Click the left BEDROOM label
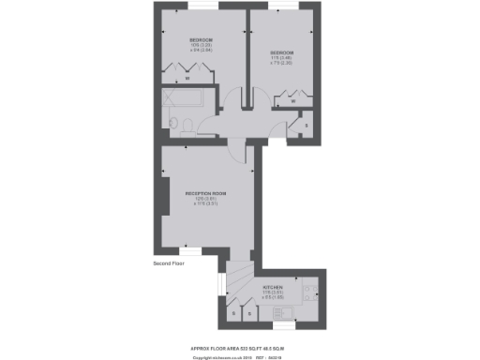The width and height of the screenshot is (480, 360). coord(187,42)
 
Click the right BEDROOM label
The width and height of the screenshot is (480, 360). coord(282,52)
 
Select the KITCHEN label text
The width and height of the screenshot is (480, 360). coord(274,287)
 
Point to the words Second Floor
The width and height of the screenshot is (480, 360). coord(170,264)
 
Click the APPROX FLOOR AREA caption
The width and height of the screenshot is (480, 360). coord(239,347)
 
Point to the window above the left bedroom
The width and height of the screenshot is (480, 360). coord(187,6)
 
